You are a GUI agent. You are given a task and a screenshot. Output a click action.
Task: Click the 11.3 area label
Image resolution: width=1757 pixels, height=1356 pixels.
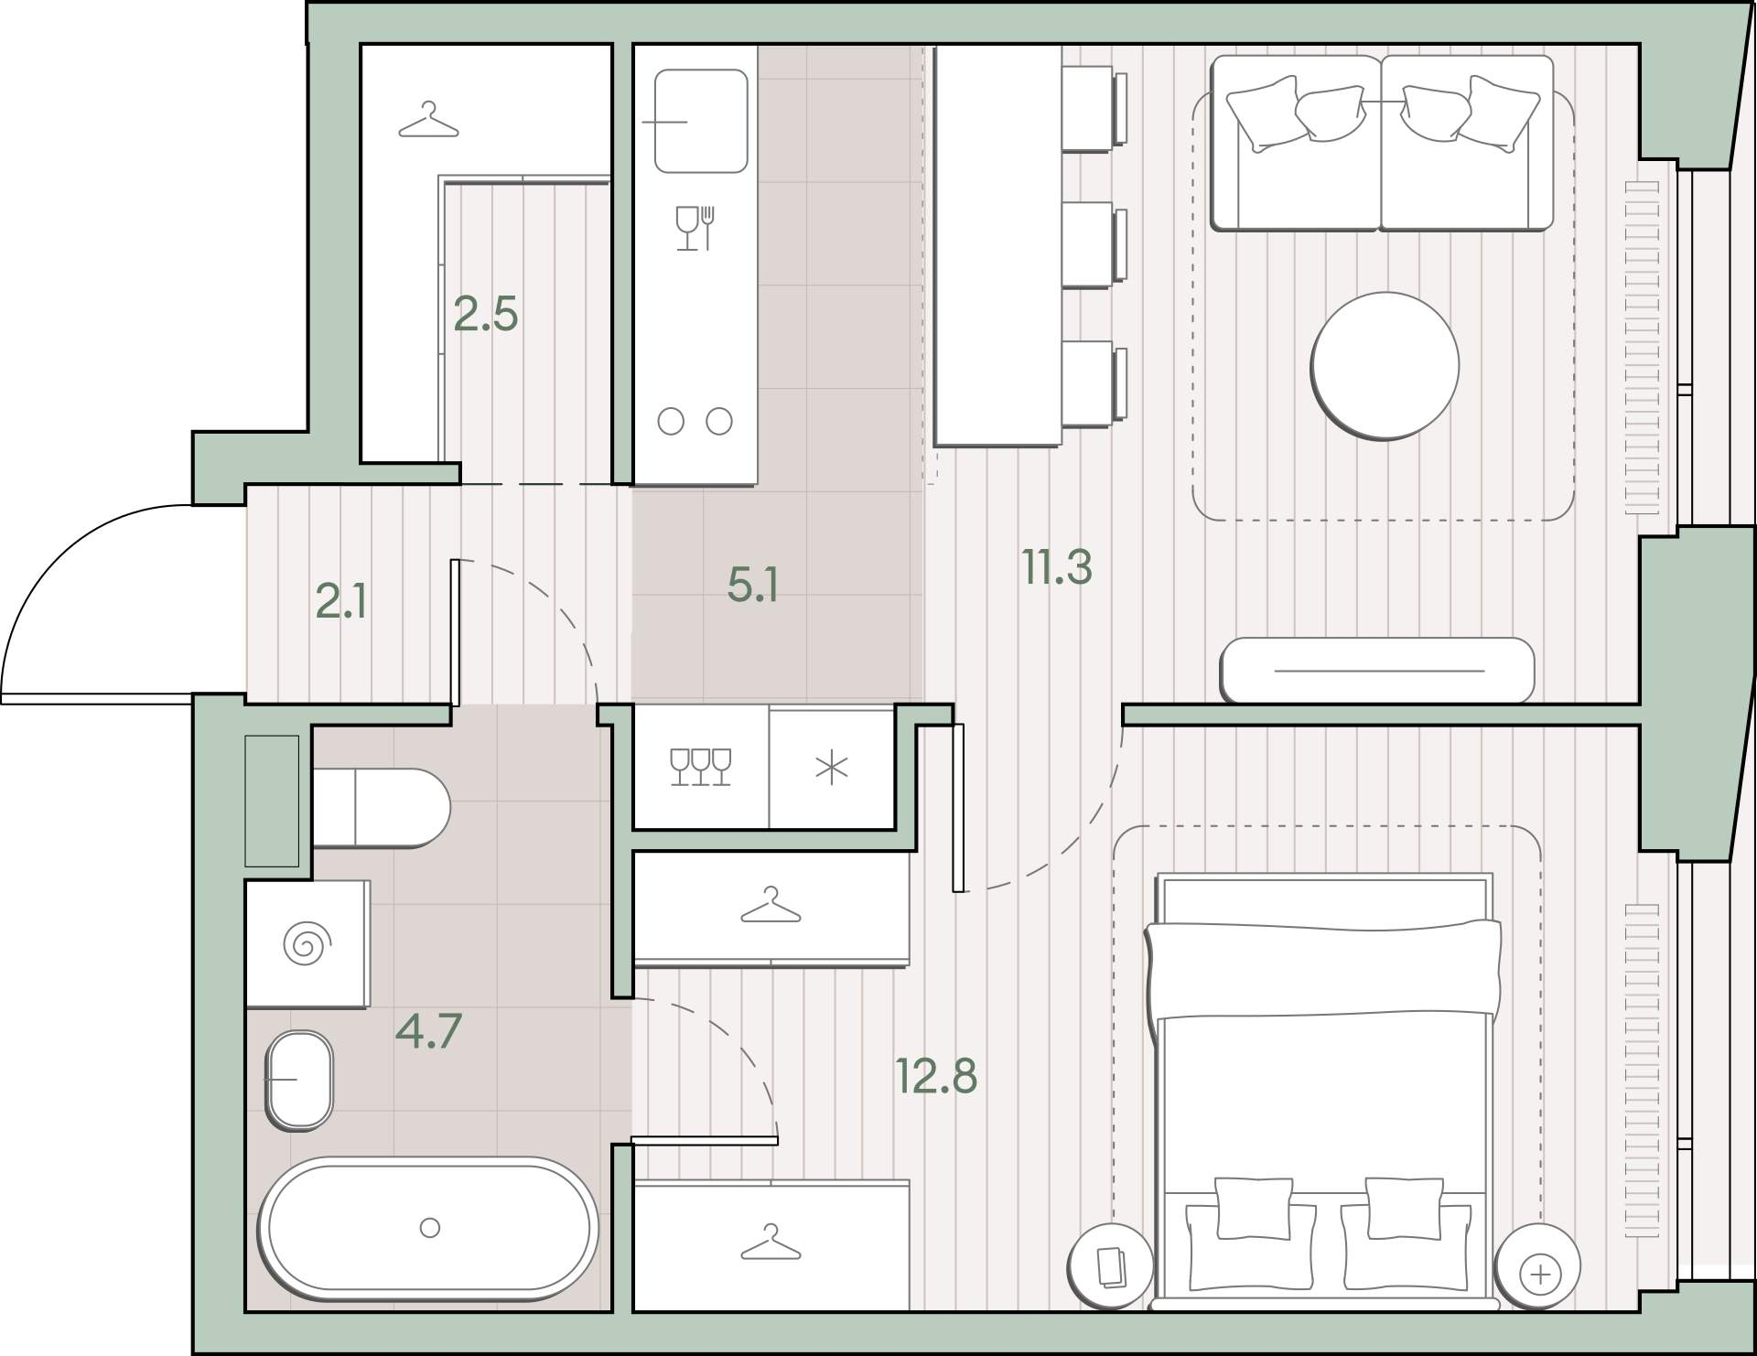(x=1057, y=567)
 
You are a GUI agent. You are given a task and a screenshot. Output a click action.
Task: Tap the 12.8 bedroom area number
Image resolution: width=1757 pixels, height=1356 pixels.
(x=936, y=1076)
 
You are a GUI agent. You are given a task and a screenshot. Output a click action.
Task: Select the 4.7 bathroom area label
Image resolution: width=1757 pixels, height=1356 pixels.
(x=428, y=1031)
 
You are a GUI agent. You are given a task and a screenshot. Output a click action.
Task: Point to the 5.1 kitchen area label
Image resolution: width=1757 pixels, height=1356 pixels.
(x=752, y=585)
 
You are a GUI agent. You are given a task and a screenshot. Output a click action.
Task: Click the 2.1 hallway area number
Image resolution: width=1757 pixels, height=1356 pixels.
(x=340, y=602)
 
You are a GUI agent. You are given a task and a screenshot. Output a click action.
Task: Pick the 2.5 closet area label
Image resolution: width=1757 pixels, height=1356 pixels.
(x=486, y=314)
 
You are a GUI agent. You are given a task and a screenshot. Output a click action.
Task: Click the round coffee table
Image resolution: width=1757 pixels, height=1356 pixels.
(x=1385, y=366)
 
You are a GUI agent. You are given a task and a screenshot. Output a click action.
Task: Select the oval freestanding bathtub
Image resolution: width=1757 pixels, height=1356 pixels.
(x=428, y=1228)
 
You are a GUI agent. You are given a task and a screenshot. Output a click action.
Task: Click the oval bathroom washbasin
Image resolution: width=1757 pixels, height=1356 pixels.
(x=299, y=1080)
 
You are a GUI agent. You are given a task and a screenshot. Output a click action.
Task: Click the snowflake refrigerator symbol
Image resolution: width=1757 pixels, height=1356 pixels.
(x=831, y=769)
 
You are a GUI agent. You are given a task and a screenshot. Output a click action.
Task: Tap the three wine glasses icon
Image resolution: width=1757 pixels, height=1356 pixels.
(x=700, y=767)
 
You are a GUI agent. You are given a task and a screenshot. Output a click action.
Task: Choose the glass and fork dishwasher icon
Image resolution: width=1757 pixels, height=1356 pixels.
(x=695, y=228)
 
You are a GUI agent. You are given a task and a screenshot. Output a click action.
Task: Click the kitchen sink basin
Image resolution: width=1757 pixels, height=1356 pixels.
(x=701, y=122)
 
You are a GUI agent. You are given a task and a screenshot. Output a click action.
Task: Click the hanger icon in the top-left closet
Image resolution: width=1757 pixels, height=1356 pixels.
(x=428, y=121)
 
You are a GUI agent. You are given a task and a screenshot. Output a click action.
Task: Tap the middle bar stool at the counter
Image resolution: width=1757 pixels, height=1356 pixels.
(x=1094, y=244)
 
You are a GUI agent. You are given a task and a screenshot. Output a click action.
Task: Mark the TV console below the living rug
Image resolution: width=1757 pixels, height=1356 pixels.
(x=1377, y=671)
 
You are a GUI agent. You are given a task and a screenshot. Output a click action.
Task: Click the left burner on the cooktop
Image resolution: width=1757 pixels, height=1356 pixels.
(x=671, y=422)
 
